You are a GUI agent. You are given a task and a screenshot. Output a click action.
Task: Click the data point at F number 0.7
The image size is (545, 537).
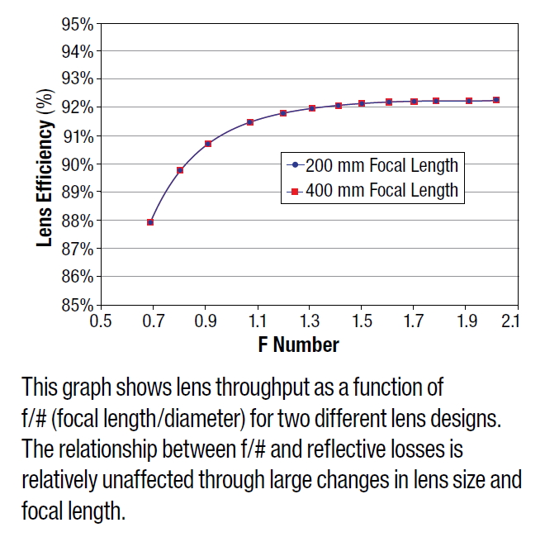(x=150, y=221)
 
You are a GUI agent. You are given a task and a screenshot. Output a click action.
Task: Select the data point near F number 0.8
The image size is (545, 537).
(x=180, y=170)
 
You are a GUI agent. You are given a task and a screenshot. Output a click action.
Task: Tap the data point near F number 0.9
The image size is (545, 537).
(x=208, y=144)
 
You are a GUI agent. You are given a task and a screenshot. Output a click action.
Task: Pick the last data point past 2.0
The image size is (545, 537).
(x=495, y=100)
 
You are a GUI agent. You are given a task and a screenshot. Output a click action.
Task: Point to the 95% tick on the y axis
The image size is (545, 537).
(x=76, y=23)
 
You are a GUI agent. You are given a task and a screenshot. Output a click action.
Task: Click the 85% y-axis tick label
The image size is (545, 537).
(x=76, y=305)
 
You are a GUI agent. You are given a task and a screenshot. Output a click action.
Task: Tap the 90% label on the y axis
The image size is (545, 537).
(x=76, y=164)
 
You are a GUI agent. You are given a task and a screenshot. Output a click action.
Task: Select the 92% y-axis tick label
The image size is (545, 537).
(x=76, y=107)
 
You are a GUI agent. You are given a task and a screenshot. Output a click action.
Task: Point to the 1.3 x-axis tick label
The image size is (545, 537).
(x=309, y=321)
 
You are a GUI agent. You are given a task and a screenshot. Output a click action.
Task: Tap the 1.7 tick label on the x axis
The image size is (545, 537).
(x=413, y=321)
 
